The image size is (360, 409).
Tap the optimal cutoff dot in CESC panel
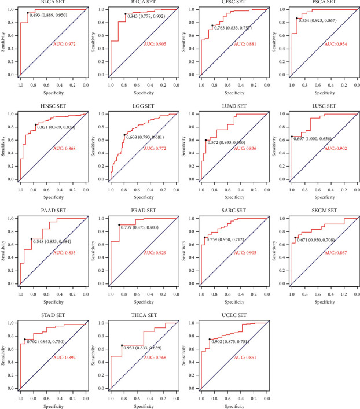click(x=212, y=25)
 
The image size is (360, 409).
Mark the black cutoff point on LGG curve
click(x=124, y=135)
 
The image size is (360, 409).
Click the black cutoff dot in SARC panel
click(x=204, y=237)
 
